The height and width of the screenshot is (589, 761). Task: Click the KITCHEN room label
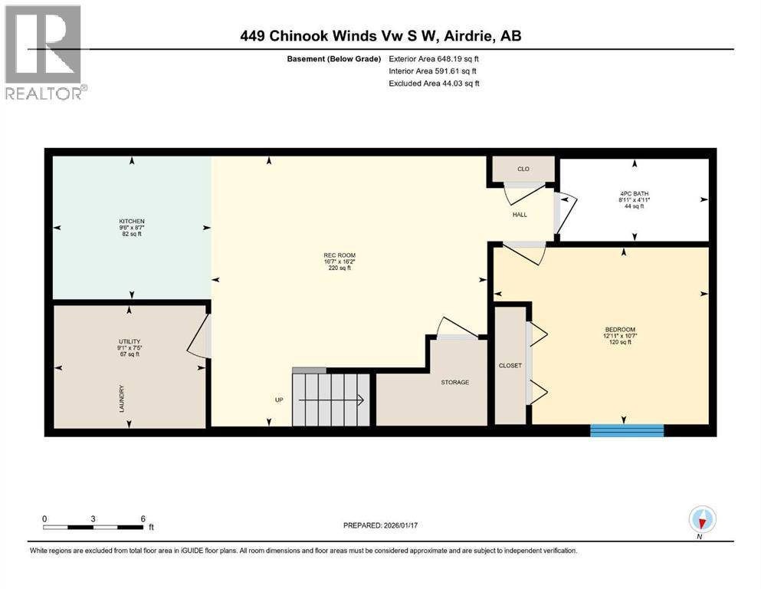pos(132,221)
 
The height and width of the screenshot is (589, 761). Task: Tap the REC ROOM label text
pos(340,255)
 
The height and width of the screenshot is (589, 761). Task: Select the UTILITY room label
pos(130,341)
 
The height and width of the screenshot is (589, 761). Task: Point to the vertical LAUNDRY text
pos(122,398)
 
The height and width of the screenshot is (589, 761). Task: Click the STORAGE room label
pos(454,382)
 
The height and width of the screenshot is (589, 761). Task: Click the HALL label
pos(520,215)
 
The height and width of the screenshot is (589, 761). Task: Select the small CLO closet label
pos(523,169)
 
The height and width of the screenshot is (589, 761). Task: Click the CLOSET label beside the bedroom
pos(510,365)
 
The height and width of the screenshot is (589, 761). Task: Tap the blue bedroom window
pos(626,430)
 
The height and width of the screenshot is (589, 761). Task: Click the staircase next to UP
pos(330,399)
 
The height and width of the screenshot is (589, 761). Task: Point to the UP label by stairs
pos(280,400)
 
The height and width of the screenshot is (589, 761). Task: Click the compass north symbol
pos(702,521)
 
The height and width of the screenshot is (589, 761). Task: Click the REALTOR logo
pos(45,51)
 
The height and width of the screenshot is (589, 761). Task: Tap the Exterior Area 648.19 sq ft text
pos(435,58)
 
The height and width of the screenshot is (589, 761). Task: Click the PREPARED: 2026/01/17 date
pos(381,525)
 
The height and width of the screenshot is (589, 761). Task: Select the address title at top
pos(380,35)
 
